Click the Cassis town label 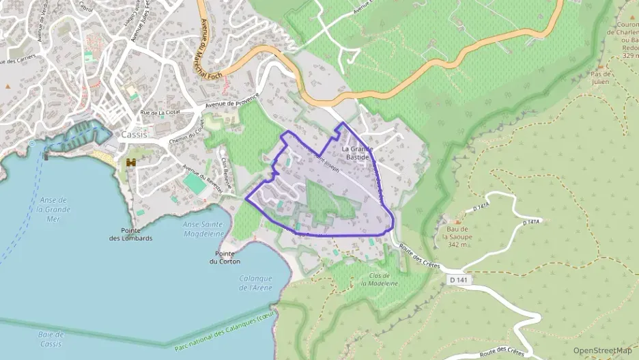(133, 135)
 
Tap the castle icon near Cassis (131, 163)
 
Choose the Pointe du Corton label (223, 257)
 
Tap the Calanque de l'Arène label (256, 283)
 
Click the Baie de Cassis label (51, 339)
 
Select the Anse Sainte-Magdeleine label (204, 229)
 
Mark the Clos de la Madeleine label (373, 280)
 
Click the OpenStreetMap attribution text (602, 350)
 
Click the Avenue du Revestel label (202, 177)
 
